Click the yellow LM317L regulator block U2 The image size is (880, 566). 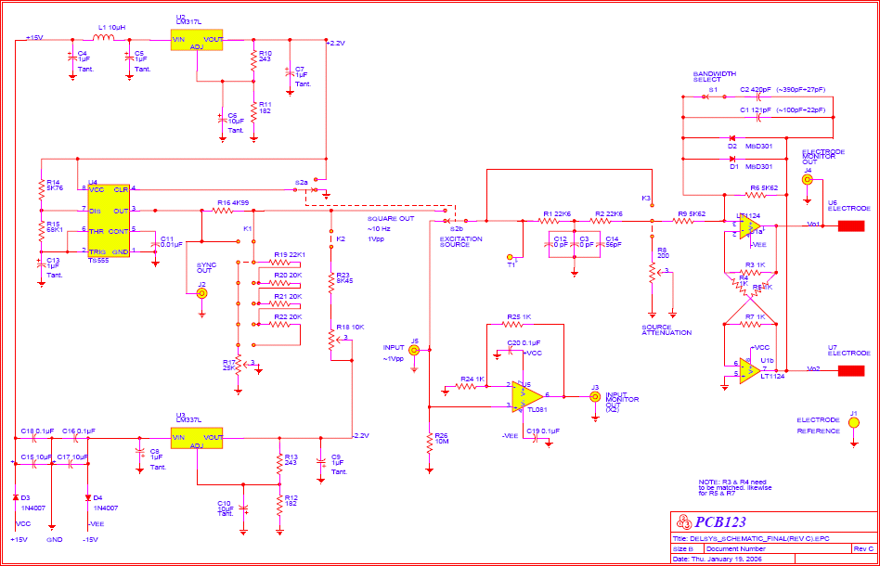(198, 42)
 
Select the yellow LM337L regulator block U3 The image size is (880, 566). (198, 437)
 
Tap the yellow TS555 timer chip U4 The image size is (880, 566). (109, 221)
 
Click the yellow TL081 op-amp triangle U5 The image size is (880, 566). (524, 396)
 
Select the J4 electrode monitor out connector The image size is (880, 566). (807, 181)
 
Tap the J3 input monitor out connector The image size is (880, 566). (595, 396)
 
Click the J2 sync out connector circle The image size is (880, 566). (201, 293)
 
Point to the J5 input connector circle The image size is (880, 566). (415, 353)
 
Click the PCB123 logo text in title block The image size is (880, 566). (719, 522)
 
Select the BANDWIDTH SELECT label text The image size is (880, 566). (714, 76)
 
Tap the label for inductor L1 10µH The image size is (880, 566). (112, 27)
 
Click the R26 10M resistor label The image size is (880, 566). (441, 439)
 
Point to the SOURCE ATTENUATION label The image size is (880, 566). (666, 329)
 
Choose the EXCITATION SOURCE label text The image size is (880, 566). (460, 242)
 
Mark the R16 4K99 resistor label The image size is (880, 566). (232, 202)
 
